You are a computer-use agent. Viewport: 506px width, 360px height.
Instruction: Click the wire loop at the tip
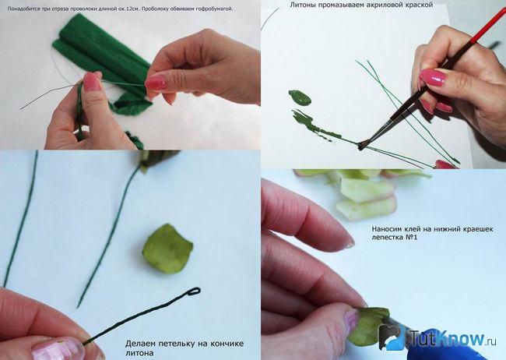click(x=194, y=291)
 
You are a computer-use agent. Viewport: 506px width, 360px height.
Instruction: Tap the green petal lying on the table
click(x=167, y=249)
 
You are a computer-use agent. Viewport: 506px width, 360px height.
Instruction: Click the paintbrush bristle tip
click(x=361, y=146)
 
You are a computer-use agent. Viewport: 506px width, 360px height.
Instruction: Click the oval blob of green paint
click(x=300, y=98)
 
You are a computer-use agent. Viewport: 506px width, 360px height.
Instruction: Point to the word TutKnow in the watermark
click(x=448, y=338)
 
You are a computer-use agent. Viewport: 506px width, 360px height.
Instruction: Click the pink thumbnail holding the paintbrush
click(x=433, y=78)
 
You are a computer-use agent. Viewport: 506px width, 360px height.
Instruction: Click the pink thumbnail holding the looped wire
click(x=54, y=348)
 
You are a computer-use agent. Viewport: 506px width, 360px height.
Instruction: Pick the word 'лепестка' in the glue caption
click(x=386, y=238)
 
